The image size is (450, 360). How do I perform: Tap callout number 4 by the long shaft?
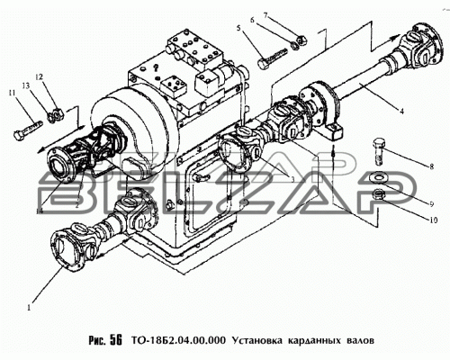coord(401,112)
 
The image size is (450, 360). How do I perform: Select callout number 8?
coord(431,166)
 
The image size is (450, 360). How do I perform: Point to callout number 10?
coord(434,220)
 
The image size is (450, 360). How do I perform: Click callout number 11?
coord(13,93)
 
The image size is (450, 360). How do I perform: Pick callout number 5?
coord(238,29)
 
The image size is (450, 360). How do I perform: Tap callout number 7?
coord(265,15)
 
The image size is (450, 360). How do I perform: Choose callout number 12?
coord(40,77)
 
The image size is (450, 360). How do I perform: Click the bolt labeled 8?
coord(379,151)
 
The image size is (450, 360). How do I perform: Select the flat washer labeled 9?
coord(379,176)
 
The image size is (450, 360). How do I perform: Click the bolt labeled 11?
coord(27,130)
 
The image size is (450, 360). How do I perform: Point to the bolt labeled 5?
coord(273,58)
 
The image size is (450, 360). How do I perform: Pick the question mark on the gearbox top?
coord(156,68)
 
